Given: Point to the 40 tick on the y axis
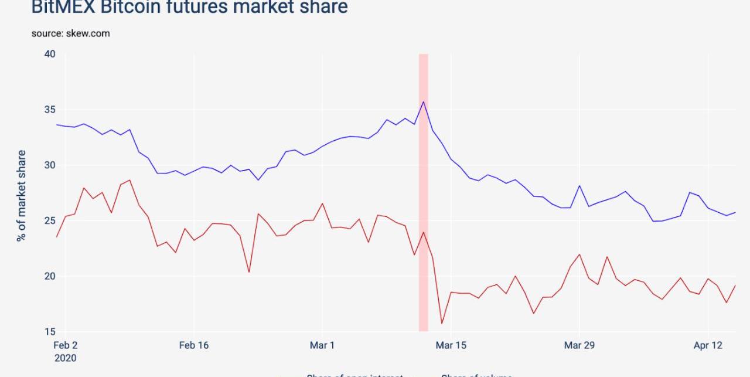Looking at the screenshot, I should point(50,54).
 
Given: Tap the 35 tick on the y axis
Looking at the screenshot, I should point(50,110).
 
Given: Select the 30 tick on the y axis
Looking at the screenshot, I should point(50,165).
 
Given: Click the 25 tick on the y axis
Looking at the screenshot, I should point(50,220).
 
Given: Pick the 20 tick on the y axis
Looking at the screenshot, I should point(50,276).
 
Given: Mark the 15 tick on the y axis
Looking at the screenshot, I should point(50,332).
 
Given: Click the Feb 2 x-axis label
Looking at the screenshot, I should point(66,345).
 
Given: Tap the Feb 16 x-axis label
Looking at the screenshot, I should point(194,345).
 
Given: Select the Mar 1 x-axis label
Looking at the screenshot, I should point(322,345).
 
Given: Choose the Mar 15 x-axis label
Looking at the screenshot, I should point(451,345).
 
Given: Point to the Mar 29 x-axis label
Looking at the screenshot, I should point(579,345).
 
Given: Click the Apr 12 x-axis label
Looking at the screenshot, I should point(708,345).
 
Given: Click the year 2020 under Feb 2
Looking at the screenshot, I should point(66,358).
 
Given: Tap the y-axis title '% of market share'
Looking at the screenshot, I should point(22,195).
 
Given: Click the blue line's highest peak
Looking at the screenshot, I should point(423,102).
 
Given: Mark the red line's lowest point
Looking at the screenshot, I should point(441,323).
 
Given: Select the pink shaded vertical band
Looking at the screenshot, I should point(423,193).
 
